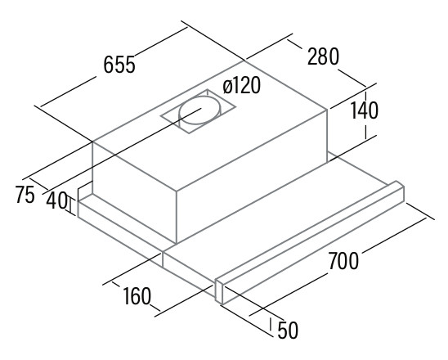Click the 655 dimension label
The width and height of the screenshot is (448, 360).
coord(119,65)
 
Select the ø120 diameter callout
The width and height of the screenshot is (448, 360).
coord(242,85)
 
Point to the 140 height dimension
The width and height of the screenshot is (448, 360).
coord(364,110)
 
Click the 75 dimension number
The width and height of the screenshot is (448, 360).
coord(25,194)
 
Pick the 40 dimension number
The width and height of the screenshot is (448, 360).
coord(57,200)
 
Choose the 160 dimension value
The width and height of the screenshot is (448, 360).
coord(137,295)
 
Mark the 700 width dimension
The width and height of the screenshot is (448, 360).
coord(343,260)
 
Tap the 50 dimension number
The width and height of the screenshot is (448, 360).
coord(288,330)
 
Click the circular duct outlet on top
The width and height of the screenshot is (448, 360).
coord(199,110)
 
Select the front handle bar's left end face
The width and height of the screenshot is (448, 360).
coord(219,290)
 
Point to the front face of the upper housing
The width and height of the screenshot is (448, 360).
coord(252,176)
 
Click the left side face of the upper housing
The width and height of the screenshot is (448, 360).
coord(134,192)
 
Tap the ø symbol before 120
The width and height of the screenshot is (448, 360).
coord(227,87)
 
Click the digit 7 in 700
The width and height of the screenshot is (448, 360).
coord(334,260)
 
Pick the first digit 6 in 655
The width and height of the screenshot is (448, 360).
coord(108,65)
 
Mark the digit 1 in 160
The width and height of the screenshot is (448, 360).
coord(126,295)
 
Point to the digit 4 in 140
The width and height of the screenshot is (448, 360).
coord(363,110)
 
